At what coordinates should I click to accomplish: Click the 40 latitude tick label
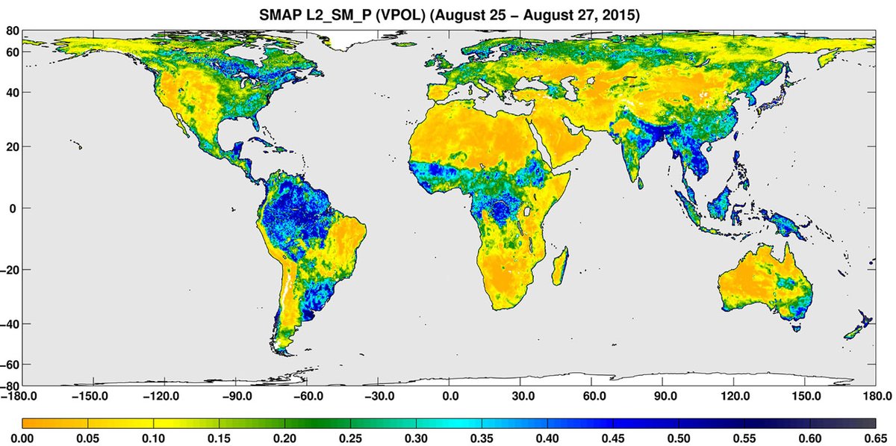pos(13,93)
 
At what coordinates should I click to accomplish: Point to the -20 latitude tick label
pos(11,270)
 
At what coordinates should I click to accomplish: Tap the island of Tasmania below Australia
pos(795,326)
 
